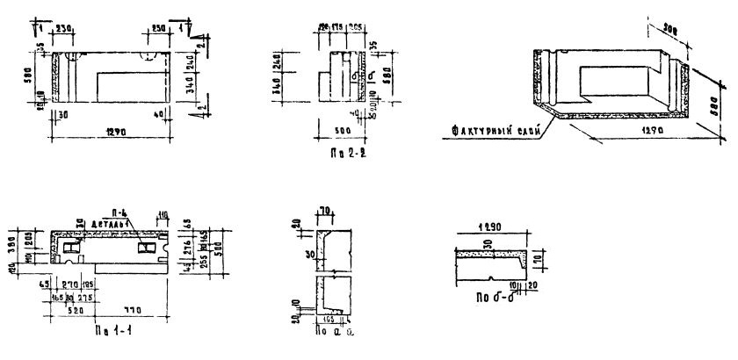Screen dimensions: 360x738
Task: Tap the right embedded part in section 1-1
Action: click(150, 251)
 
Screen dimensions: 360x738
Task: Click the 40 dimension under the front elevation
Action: click(156, 113)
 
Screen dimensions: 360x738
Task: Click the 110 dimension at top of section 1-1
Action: click(164, 213)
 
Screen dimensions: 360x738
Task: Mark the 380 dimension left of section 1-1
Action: click(12, 242)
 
